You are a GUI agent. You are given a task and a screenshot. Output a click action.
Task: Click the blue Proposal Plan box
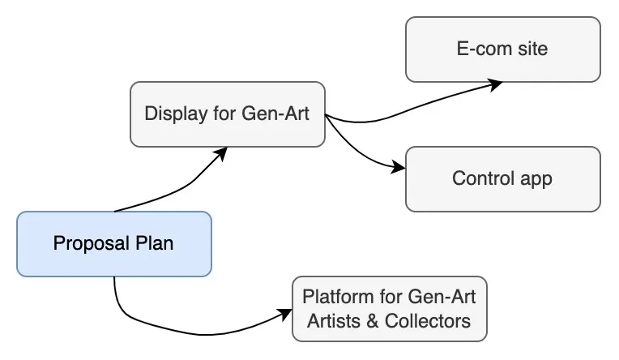click(113, 243)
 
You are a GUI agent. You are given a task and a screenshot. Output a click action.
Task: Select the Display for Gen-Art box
click(227, 114)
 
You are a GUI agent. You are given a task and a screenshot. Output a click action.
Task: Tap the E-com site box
click(502, 49)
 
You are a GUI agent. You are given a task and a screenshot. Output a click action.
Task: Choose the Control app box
click(502, 178)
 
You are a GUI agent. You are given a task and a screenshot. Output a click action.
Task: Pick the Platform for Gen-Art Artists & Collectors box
click(389, 308)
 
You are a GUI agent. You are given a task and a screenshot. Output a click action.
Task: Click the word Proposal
click(87, 243)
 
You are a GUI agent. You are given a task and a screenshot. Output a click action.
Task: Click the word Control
click(480, 178)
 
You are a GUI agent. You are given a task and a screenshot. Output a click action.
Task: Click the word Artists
click(334, 320)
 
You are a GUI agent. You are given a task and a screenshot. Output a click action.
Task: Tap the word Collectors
click(429, 320)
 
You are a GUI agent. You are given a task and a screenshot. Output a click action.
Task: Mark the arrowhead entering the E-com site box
click(495, 82)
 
